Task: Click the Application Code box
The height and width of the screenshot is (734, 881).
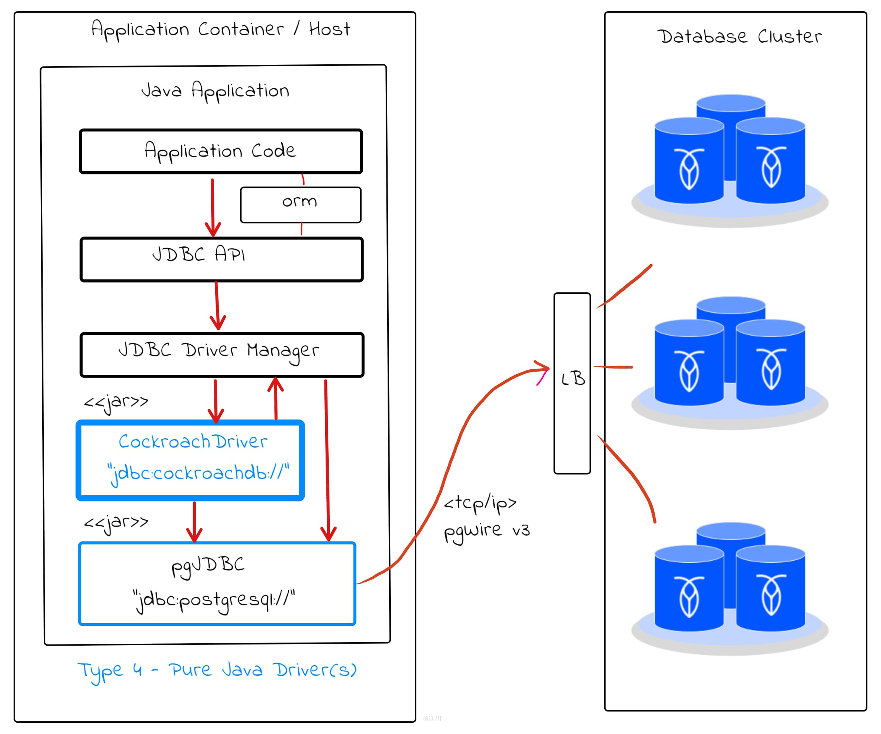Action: click(x=221, y=151)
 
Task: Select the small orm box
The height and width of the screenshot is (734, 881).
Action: click(x=300, y=205)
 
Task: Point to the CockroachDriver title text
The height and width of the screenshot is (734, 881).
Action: click(x=193, y=441)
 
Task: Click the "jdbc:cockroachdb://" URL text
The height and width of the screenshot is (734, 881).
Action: click(x=198, y=473)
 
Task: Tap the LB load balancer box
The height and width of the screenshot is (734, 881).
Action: click(x=572, y=383)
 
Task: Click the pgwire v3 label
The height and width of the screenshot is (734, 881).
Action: click(x=487, y=531)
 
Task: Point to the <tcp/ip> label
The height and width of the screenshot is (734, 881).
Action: click(x=480, y=503)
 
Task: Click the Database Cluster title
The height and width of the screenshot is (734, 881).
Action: click(x=739, y=36)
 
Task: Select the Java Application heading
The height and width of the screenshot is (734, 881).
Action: click(x=215, y=91)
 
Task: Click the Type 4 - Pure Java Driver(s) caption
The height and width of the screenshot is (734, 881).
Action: click(x=217, y=670)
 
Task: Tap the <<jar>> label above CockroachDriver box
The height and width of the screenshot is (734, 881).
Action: click(x=116, y=402)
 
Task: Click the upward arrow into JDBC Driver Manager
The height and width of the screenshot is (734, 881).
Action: click(x=276, y=398)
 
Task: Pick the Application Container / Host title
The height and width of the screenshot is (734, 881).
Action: click(x=221, y=29)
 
